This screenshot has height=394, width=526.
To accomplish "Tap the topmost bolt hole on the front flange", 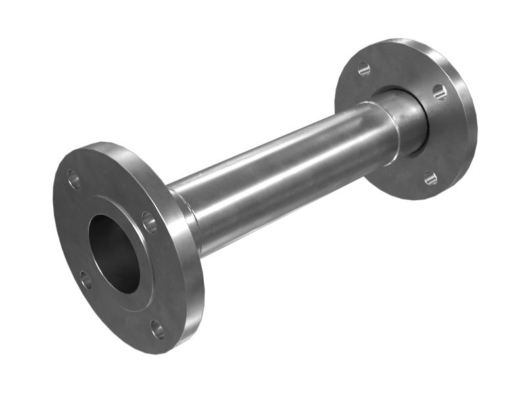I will (x=74, y=179).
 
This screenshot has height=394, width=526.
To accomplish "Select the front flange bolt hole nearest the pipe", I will (x=150, y=222).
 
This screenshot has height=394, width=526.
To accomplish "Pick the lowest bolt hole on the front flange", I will (x=157, y=329).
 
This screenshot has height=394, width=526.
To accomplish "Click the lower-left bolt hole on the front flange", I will (x=85, y=280).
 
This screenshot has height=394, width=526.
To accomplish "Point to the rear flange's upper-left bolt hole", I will (x=364, y=68).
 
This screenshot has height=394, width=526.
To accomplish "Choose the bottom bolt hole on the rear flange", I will (x=430, y=177).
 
